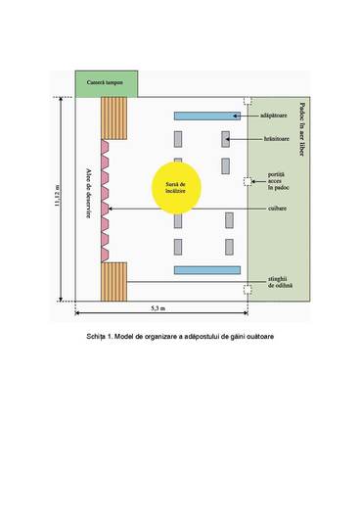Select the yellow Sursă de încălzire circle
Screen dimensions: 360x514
coord(182,184)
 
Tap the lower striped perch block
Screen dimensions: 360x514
coord(113,282)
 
